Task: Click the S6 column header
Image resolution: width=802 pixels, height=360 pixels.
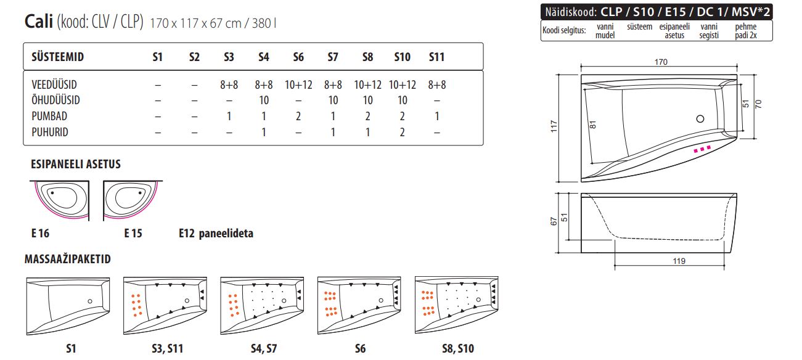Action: (298, 57)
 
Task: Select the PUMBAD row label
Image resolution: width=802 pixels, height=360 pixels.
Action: (49, 117)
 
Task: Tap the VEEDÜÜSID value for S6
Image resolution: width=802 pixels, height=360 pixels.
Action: (298, 85)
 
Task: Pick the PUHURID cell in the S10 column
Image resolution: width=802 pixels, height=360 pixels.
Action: (402, 133)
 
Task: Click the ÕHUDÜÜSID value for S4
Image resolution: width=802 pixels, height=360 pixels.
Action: (264, 100)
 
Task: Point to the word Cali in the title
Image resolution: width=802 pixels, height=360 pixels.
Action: (39, 22)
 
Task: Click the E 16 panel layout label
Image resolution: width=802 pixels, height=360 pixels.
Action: (41, 233)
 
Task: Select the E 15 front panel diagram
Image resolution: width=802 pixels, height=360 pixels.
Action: (133, 200)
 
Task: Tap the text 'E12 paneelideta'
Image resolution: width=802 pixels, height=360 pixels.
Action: (216, 233)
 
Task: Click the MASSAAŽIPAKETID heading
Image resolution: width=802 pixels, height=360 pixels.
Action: (68, 259)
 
